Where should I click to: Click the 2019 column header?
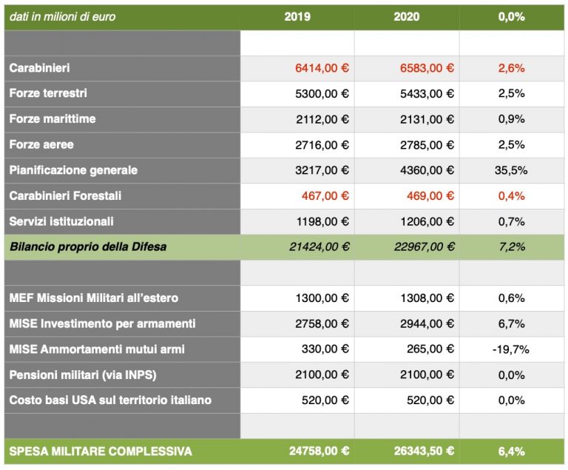(x=297, y=16)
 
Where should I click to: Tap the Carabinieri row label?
(x=40, y=68)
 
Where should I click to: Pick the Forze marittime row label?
(x=53, y=119)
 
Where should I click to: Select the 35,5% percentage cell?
(x=510, y=170)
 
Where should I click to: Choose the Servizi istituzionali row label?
(x=61, y=221)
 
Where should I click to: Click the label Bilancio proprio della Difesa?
(x=88, y=247)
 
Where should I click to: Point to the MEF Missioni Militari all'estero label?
(x=94, y=298)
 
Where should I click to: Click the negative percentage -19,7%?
(x=510, y=349)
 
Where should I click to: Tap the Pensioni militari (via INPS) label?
(x=83, y=375)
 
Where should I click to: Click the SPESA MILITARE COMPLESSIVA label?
(x=101, y=451)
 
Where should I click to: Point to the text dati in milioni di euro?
(x=63, y=16)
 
